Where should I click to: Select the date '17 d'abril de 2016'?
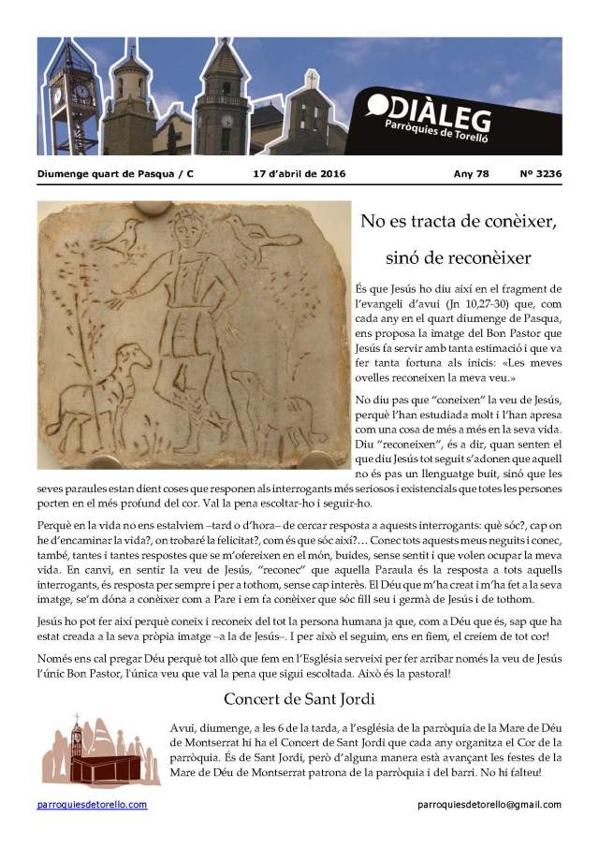pos(299,173)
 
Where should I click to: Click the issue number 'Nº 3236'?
pos(540,173)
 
